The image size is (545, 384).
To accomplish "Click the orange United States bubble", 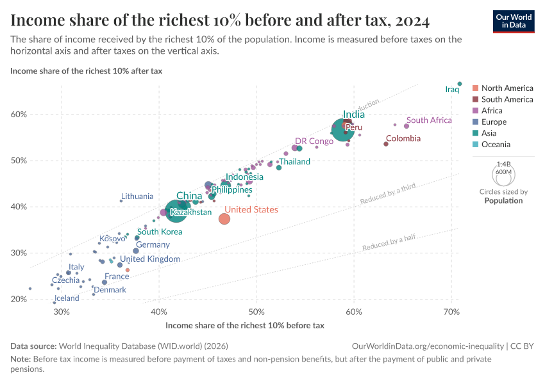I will (x=224, y=219).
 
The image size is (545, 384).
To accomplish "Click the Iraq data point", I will (x=460, y=84).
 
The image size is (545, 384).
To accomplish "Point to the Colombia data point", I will (x=386, y=143).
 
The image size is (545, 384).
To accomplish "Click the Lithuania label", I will (x=137, y=196).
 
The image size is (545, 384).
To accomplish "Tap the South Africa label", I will (x=429, y=120).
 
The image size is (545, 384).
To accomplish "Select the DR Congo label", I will (x=314, y=141).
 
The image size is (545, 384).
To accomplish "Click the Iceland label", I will (x=67, y=298).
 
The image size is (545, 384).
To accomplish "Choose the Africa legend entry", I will (x=492, y=111).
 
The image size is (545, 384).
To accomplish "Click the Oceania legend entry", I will (x=496, y=145).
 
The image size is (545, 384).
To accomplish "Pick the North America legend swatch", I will (x=475, y=88).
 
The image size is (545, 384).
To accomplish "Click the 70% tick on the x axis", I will (x=451, y=312).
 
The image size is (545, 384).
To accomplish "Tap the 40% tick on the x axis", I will (x=159, y=312).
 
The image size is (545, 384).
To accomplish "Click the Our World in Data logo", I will (x=514, y=20).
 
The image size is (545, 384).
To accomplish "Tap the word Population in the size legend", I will (x=503, y=200).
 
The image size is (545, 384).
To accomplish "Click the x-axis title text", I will (x=244, y=325).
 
